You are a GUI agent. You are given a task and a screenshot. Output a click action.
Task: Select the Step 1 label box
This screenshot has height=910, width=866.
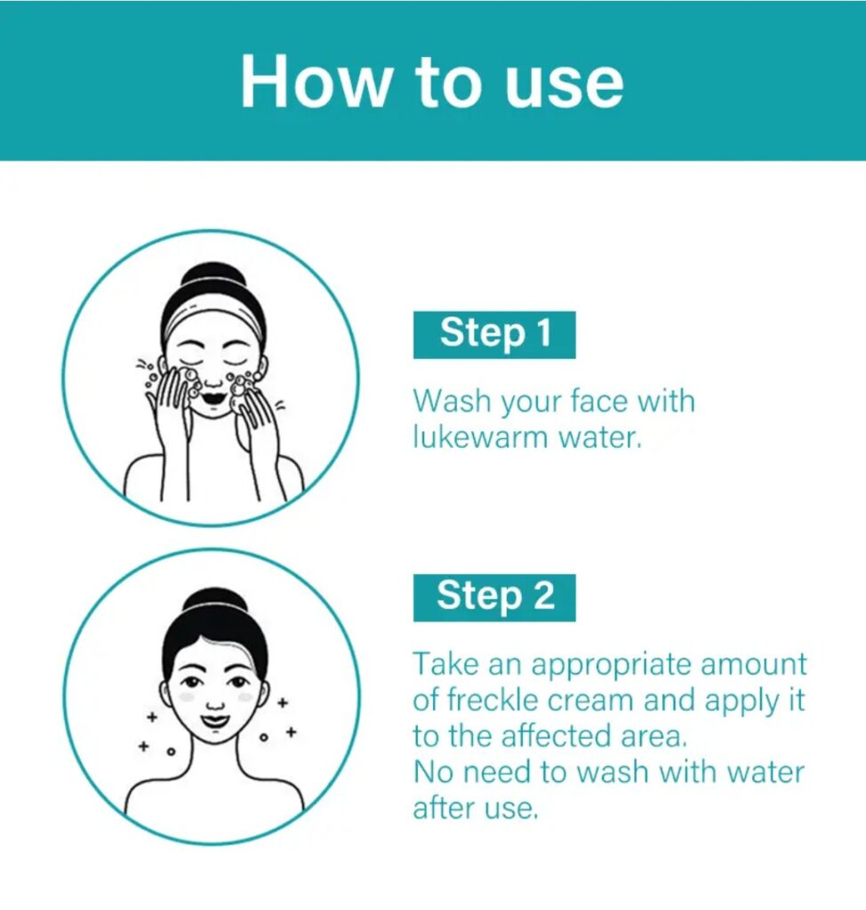pyautogui.click(x=494, y=335)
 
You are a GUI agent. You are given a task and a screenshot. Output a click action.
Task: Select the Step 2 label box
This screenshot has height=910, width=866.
pyautogui.click(x=494, y=598)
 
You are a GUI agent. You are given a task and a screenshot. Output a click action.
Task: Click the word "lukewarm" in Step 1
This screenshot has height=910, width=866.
pyautogui.click(x=480, y=436)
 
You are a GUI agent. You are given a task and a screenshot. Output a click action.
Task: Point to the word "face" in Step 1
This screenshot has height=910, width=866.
pyautogui.click(x=599, y=401)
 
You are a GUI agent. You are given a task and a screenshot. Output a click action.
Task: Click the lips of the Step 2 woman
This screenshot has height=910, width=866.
pyautogui.click(x=214, y=722)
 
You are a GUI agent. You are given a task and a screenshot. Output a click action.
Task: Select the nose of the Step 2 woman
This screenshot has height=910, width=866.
pyautogui.click(x=215, y=705)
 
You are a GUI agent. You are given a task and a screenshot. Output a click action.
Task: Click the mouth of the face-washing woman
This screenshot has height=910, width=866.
pyautogui.click(x=213, y=399)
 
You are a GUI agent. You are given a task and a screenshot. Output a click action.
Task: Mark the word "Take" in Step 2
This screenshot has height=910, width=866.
pyautogui.click(x=446, y=665)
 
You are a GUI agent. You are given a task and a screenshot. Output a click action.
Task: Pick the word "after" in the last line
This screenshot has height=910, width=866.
pyautogui.click(x=445, y=808)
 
